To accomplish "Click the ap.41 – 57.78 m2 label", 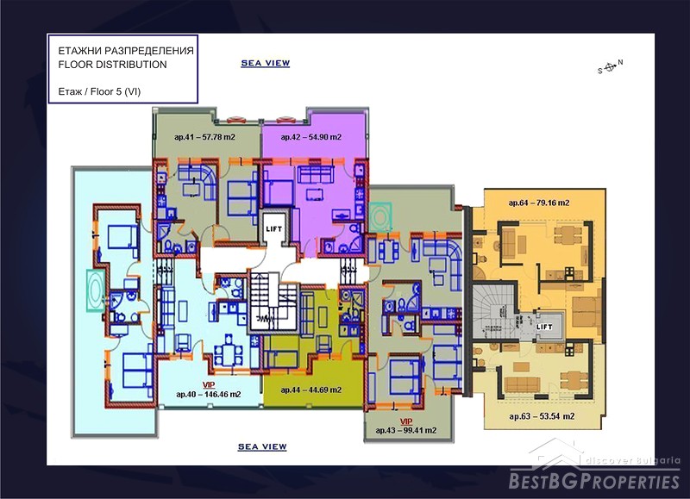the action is click(x=204, y=137).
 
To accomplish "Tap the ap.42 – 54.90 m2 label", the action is click(x=311, y=137).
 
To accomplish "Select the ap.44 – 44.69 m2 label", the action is click(x=311, y=390).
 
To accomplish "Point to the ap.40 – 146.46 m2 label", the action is click(x=209, y=395).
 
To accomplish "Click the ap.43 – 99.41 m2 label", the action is click(x=406, y=430).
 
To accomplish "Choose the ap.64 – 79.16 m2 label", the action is click(x=539, y=203).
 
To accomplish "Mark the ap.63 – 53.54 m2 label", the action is click(x=542, y=416).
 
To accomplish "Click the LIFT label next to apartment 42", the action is click(x=273, y=229).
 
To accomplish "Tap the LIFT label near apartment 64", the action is click(x=544, y=327).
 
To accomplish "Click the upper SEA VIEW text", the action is click(x=266, y=63).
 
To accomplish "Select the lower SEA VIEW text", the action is click(x=262, y=446).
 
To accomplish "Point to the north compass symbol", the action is click(x=610, y=67).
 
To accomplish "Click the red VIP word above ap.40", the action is click(x=209, y=385).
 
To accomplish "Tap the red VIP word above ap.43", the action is click(x=406, y=422).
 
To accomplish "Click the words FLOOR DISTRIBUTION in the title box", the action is click(x=113, y=65).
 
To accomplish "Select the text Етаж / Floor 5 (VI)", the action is click(x=99, y=91).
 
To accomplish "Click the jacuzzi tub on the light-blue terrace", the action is click(x=95, y=291).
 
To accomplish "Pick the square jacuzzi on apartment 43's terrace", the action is click(x=380, y=216).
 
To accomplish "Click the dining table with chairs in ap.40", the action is click(x=228, y=350).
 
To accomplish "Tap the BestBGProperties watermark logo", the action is click(x=594, y=470).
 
